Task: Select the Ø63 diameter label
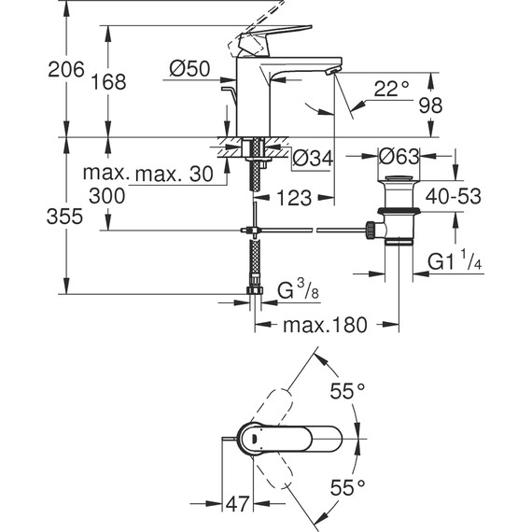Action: pos(398,156)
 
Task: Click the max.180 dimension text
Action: pos(324,325)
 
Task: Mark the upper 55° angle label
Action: pos(346,392)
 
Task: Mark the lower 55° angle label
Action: pos(346,486)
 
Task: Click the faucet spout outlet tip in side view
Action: pos(332,71)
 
